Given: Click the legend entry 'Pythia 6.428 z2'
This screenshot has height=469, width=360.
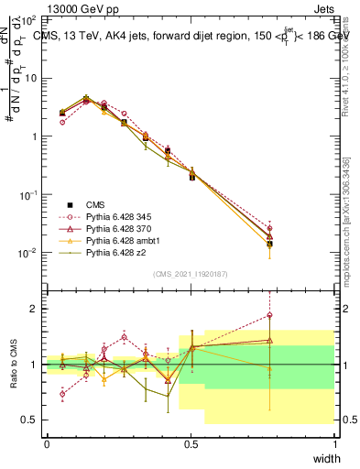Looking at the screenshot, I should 115,254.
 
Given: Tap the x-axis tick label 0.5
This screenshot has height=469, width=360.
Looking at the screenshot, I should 191,444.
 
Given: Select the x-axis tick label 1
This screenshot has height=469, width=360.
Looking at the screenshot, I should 335,444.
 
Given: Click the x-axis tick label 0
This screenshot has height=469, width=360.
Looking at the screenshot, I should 47,444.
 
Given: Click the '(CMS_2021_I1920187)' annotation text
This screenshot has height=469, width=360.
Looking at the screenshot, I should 191,274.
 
